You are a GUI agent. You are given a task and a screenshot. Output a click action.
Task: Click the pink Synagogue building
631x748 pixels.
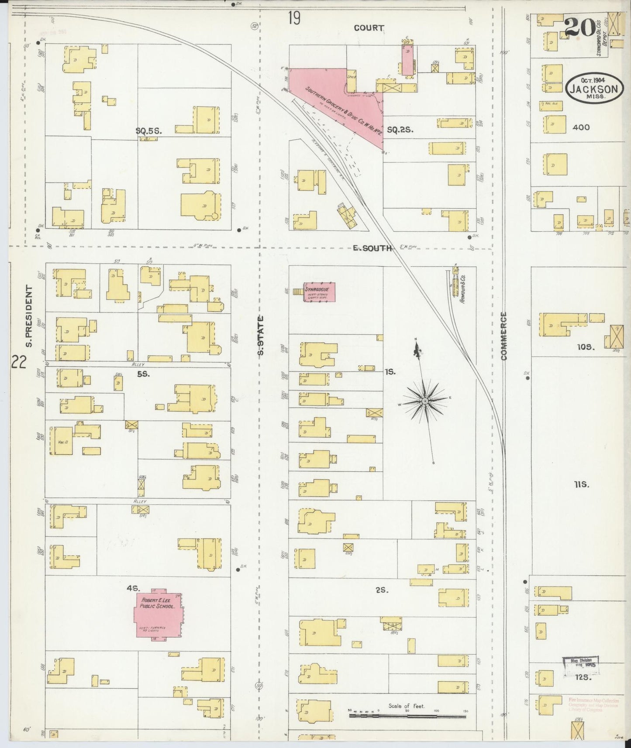tap(319, 292)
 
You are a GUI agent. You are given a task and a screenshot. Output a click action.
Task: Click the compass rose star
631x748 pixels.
tap(424, 401)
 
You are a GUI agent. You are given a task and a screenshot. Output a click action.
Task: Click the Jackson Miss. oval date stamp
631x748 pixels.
tap(593, 89)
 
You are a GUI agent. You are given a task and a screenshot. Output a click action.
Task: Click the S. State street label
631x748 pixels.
tap(261, 336)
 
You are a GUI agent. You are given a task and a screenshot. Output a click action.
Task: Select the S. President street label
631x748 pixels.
tap(29, 316)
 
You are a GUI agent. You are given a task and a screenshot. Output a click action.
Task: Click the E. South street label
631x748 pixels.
tap(372, 248)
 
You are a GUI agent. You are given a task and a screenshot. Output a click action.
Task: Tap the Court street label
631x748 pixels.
tap(369, 27)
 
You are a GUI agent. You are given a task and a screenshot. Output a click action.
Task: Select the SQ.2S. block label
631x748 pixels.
tap(400, 130)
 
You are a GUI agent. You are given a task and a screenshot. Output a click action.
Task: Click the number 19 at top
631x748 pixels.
tap(294, 18)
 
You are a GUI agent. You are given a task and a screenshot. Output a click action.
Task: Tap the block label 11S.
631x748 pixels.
tap(582, 484)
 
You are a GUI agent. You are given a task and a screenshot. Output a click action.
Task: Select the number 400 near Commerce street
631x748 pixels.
tap(580, 127)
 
